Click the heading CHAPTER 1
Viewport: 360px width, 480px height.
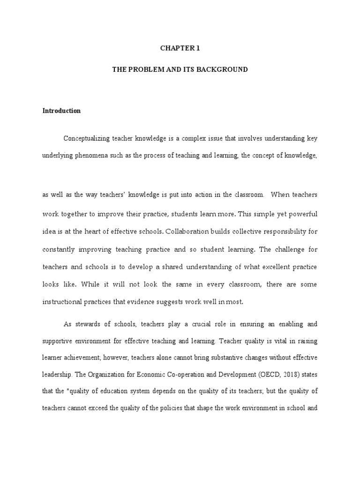coord(180,48)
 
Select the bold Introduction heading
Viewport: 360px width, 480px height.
coord(61,111)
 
